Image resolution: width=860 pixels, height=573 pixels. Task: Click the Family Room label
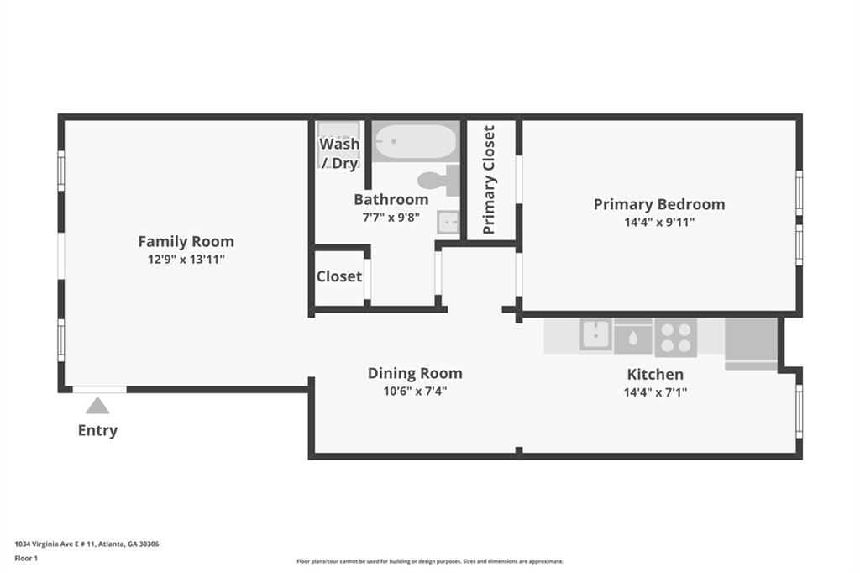point(186,241)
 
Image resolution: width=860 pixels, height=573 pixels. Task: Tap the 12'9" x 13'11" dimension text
point(186,260)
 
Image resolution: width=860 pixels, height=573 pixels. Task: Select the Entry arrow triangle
point(97,406)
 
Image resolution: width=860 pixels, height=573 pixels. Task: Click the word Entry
point(97,431)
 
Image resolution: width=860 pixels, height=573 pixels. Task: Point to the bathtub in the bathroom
point(415,142)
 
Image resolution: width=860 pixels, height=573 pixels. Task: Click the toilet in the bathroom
point(437,180)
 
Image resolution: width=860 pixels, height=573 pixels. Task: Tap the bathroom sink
point(448,222)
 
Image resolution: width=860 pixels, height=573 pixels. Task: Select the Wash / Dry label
point(339,153)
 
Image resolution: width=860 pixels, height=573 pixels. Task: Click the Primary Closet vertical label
point(489,180)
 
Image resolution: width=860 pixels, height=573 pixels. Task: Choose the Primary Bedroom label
point(658,204)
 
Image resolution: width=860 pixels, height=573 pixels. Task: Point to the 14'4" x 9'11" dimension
point(658,223)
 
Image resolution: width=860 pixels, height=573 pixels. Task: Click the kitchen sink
point(595,335)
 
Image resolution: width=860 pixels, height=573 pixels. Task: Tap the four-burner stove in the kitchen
point(675,337)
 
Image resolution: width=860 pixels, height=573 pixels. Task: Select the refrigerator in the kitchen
point(751,342)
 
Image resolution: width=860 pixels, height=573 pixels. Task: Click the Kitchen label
point(655,375)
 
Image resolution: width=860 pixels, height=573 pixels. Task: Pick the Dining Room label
point(415,373)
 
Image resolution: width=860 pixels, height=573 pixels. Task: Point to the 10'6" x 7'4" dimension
point(415,391)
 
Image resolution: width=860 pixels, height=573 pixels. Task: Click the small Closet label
point(339,276)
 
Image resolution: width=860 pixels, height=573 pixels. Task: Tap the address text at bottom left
point(87,544)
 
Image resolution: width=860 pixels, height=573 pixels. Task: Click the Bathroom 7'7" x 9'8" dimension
point(391,217)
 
